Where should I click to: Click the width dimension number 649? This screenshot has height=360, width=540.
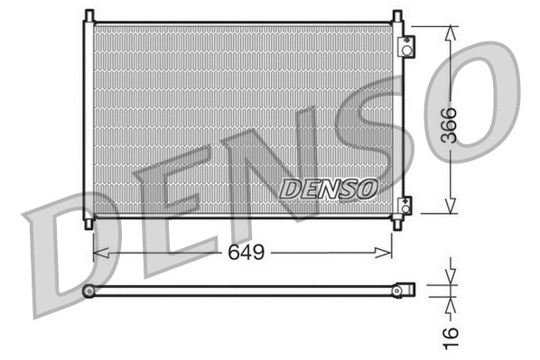coord(245,253)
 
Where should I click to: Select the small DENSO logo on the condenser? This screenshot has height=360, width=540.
coord(328,189)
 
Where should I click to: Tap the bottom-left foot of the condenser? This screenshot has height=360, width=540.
coord(88,222)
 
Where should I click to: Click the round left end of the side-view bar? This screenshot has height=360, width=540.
coord(88,291)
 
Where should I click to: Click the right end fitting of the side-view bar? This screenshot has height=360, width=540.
coord(407,290)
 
